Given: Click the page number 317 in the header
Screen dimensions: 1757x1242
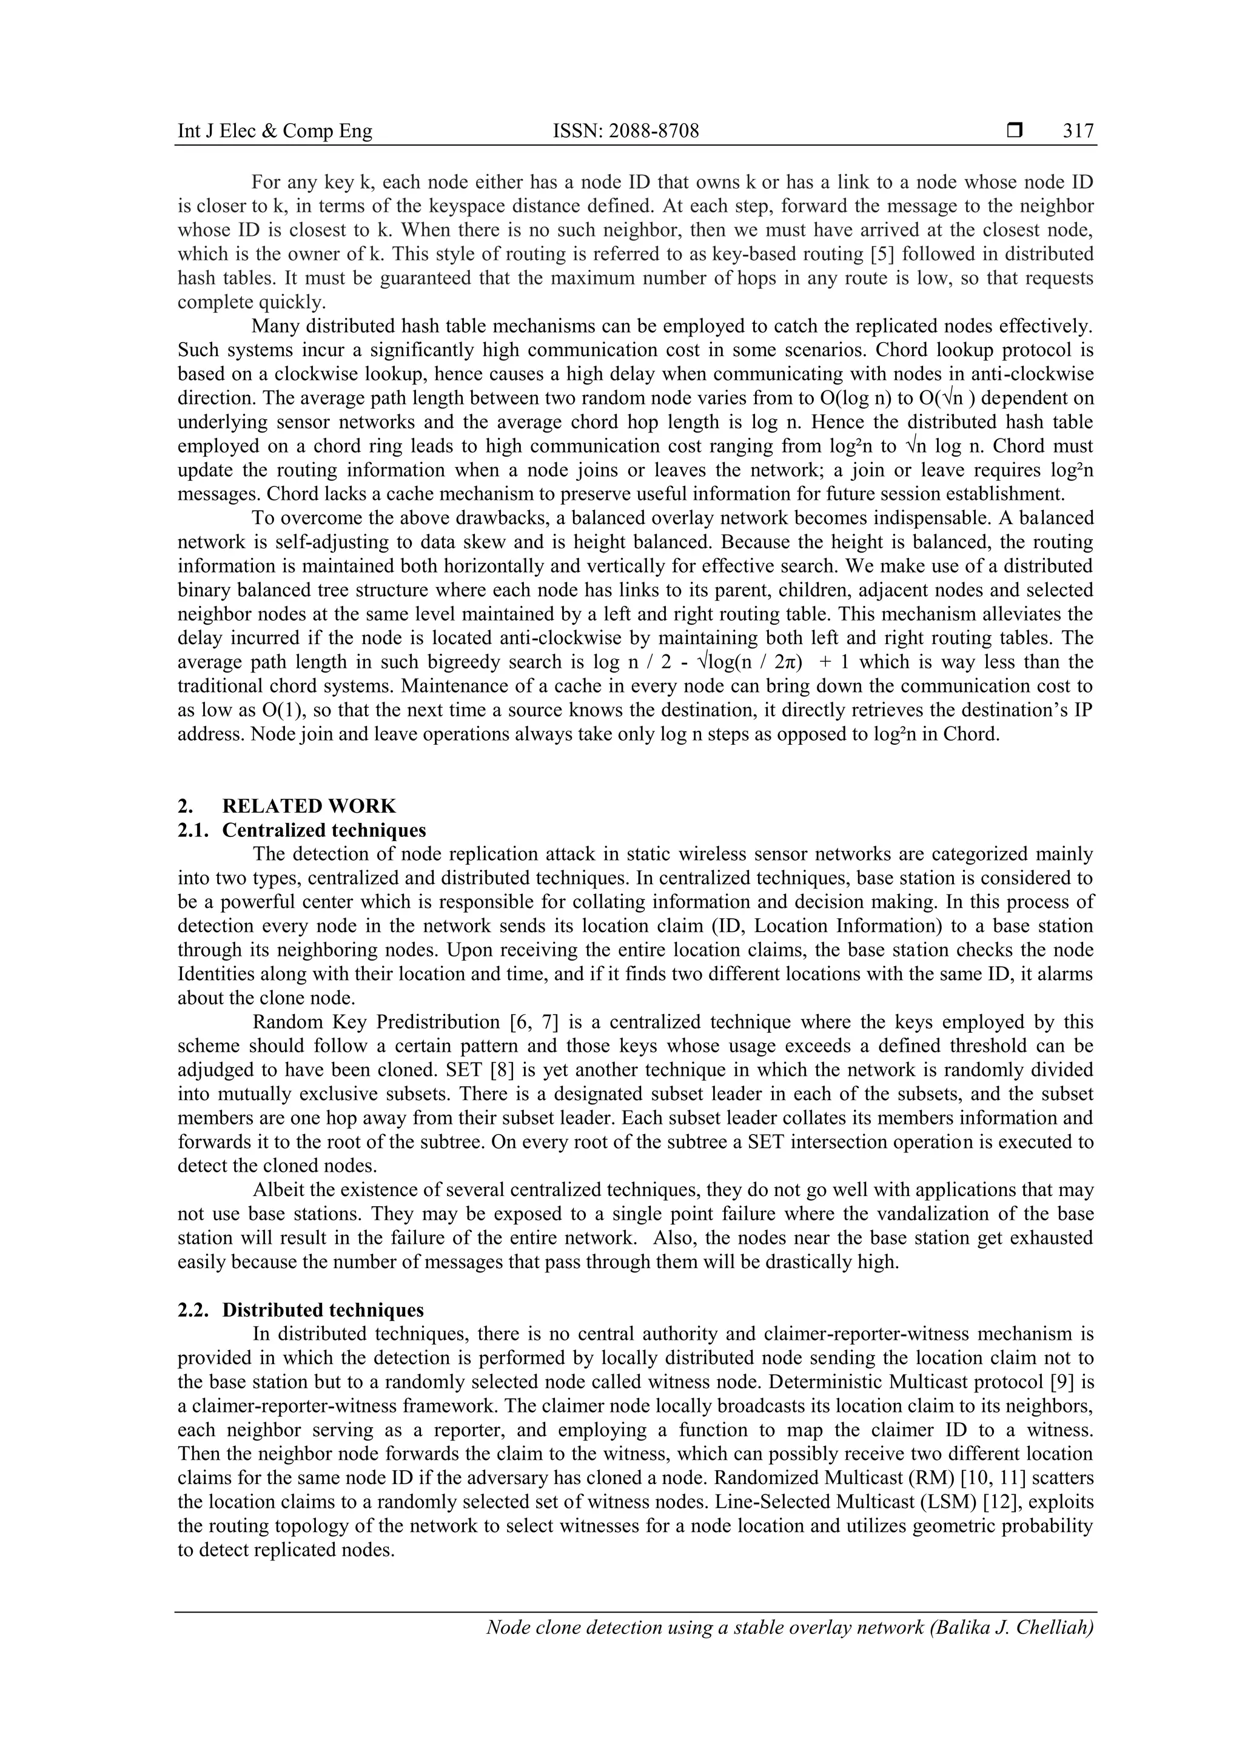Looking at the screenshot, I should coord(1078,132).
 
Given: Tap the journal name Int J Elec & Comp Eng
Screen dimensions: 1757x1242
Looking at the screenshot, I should coord(275,132).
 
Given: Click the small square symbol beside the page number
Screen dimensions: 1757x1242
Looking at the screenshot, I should coord(1015,132).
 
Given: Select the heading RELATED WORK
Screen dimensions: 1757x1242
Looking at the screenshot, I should coord(309,806).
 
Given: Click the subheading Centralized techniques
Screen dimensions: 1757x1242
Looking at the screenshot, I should coord(324,830).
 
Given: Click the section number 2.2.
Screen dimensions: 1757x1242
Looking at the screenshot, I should coord(193,1309).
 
